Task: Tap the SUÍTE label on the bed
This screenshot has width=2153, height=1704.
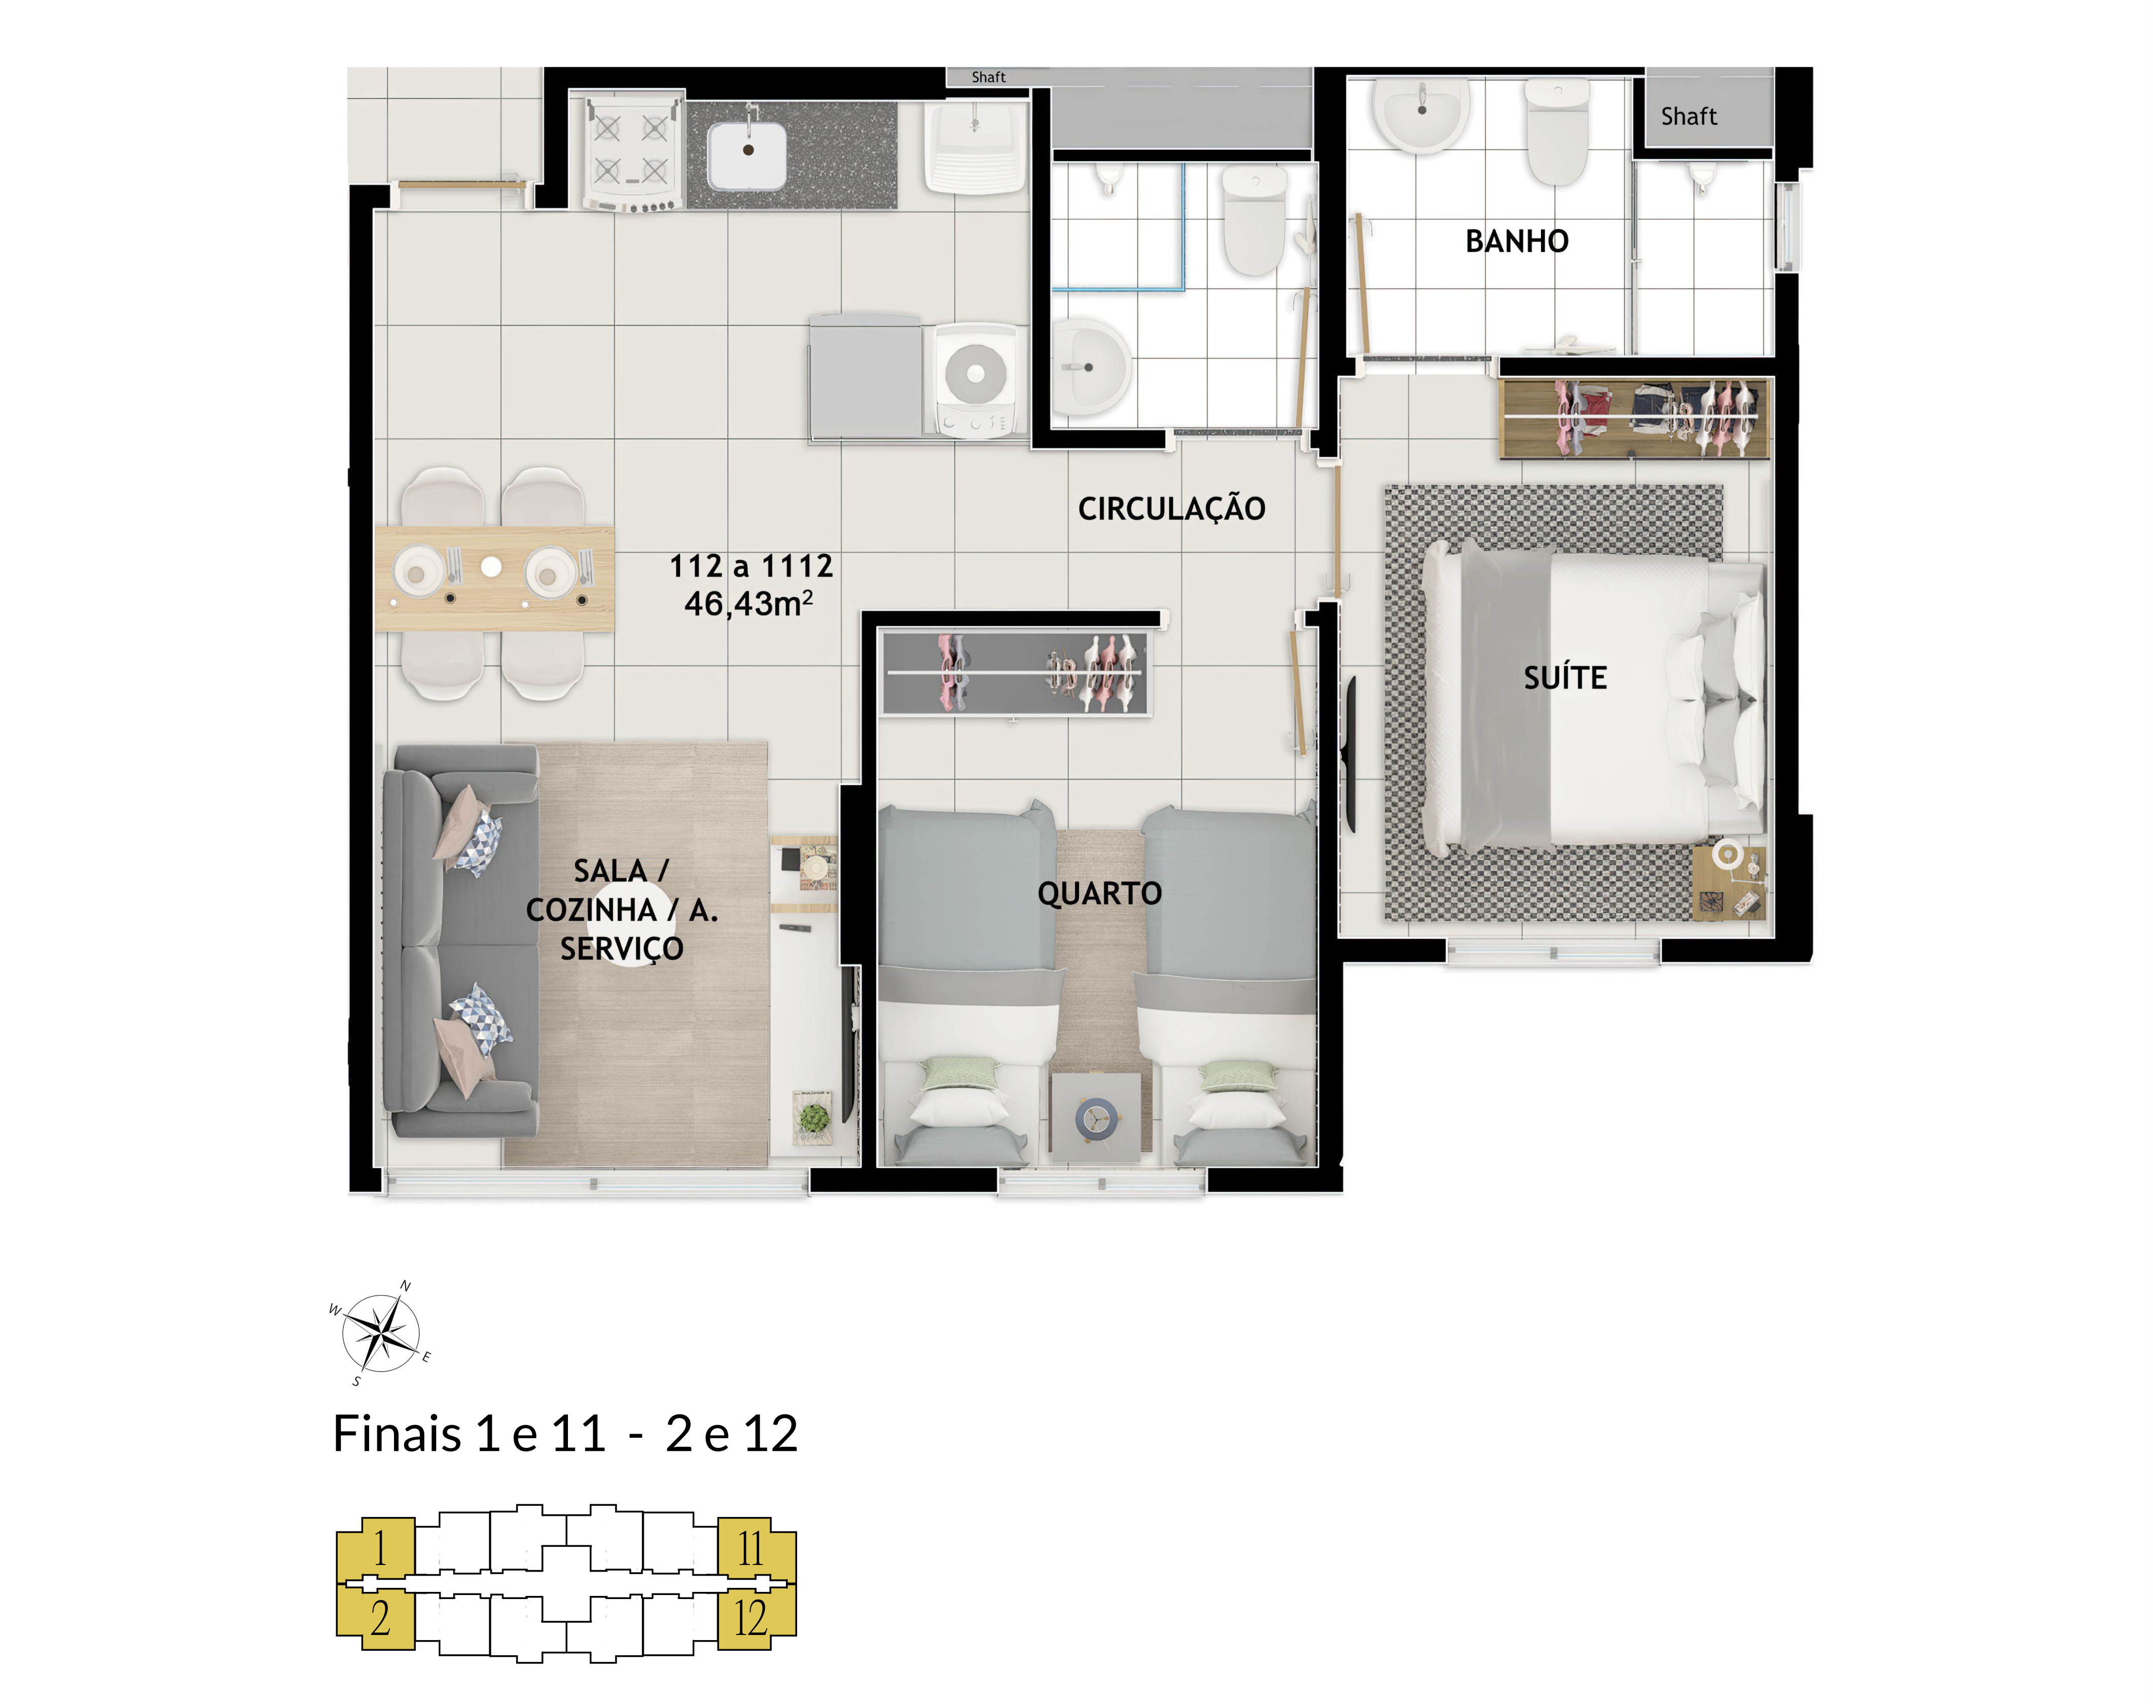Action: (x=1565, y=679)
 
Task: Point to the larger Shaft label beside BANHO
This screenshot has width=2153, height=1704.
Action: (x=1689, y=117)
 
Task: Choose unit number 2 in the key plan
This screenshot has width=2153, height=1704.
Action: (x=380, y=1618)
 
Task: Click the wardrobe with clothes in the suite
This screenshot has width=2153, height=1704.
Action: (x=1634, y=417)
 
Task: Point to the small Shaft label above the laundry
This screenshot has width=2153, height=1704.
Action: (x=988, y=77)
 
